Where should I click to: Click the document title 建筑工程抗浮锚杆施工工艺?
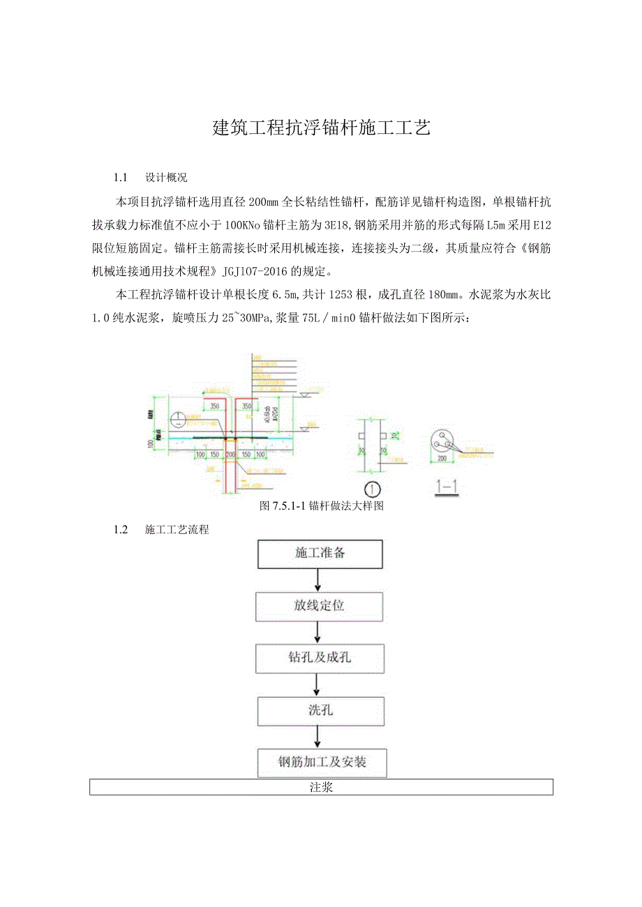(x=321, y=128)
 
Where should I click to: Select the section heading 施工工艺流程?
(x=177, y=529)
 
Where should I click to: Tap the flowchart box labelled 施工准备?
(x=320, y=554)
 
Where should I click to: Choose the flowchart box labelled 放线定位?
(x=320, y=606)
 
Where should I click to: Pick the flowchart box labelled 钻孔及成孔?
(x=320, y=658)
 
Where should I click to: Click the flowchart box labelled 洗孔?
(x=320, y=710)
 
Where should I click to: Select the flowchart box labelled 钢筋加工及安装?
(x=322, y=762)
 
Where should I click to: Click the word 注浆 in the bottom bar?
(x=321, y=788)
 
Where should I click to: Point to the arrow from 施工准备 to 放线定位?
(x=319, y=580)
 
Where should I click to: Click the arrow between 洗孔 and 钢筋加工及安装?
(x=319, y=737)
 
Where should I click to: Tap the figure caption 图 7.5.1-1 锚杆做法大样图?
(x=321, y=505)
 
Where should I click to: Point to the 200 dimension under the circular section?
(x=442, y=459)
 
